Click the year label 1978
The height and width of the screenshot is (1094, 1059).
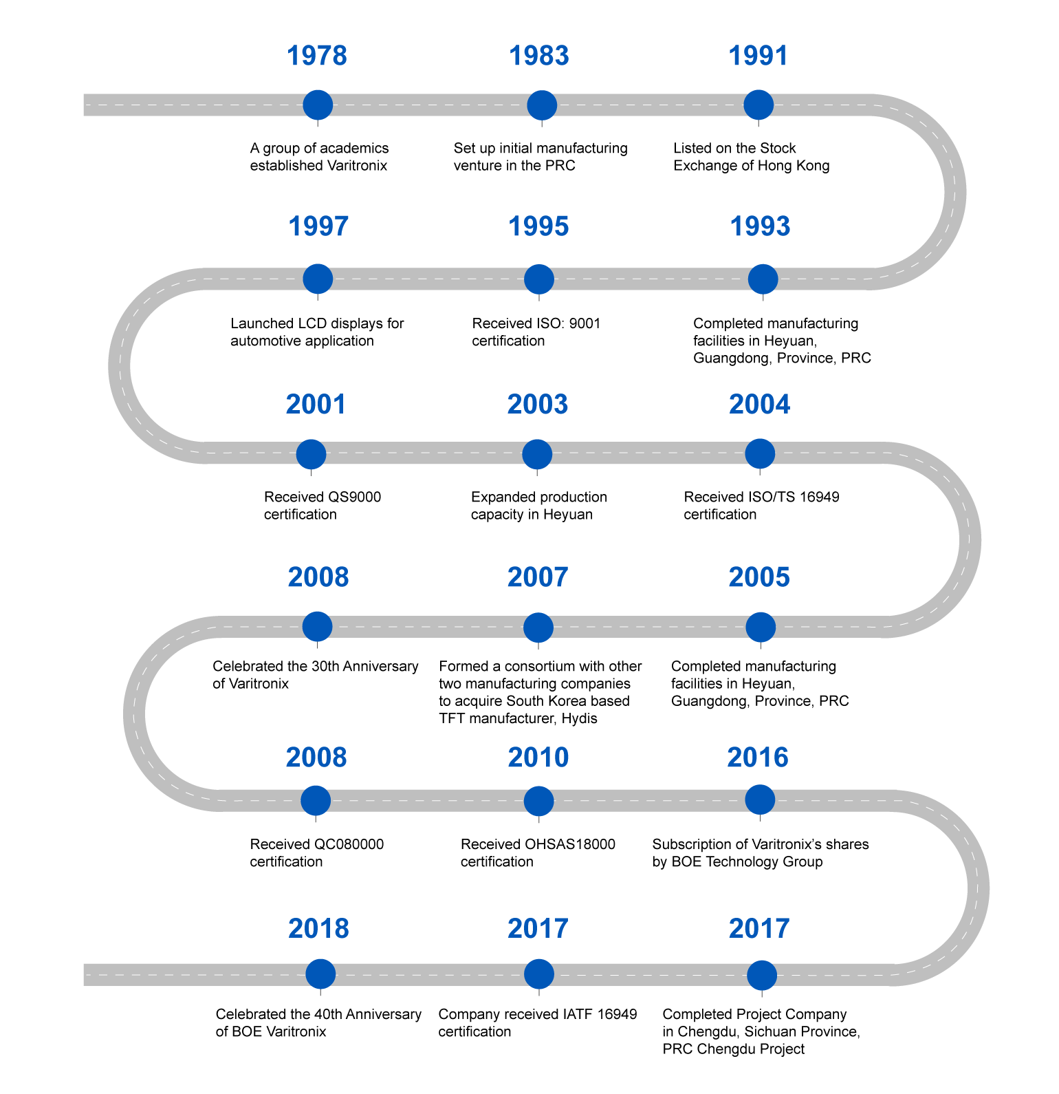pos(317,56)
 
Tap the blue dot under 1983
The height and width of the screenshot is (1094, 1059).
pos(542,105)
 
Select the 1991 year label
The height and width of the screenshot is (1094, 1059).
pos(758,56)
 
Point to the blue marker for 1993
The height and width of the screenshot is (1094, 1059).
pos(763,279)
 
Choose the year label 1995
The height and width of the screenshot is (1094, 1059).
pos(538,226)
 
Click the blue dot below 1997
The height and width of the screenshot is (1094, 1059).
pos(318,279)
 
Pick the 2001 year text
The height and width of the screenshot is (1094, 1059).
pos(316,405)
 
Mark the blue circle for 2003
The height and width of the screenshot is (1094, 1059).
pos(537,454)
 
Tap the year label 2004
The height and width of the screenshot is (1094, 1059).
pos(759,405)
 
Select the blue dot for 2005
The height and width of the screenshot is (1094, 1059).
pos(761,627)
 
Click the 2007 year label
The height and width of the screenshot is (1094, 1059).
pos(538,577)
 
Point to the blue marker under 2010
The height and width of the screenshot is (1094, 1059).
pos(538,801)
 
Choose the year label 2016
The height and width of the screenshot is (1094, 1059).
pos(758,758)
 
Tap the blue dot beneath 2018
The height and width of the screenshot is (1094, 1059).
pos(320,974)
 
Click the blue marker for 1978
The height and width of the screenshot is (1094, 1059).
pos(318,105)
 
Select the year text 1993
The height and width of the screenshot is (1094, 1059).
pos(760,226)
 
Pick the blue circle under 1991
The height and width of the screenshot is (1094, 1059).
pos(758,105)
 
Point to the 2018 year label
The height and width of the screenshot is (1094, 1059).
pos(318,929)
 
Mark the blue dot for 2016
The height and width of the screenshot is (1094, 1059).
pos(760,800)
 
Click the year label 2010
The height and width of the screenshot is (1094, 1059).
pos(538,758)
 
